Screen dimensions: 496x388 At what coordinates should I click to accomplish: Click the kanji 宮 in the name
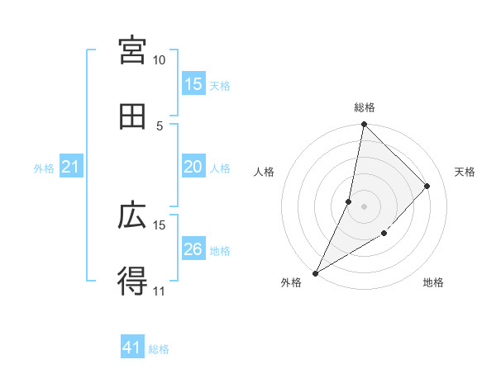point(133,51)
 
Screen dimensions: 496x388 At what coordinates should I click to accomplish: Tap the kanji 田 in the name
point(133,117)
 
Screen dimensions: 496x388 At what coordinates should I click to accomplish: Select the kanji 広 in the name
point(133,215)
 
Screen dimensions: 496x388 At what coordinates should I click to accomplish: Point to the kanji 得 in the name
point(133,282)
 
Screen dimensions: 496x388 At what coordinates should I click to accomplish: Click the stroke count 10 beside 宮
point(160,60)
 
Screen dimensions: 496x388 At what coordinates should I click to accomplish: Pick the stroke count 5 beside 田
point(160,125)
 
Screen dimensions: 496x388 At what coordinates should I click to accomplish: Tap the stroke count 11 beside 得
point(160,291)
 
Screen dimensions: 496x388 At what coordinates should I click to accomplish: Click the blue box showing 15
point(193,84)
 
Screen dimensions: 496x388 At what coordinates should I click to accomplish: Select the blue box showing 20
point(193,167)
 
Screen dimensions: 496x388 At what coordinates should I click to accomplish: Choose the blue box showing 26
point(193,249)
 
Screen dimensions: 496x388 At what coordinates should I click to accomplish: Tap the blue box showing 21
point(71,167)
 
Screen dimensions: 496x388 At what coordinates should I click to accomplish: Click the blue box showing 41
point(132,348)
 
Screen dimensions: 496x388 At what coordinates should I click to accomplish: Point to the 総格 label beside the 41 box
point(159,349)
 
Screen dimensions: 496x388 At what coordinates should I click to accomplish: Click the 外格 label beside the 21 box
point(44,168)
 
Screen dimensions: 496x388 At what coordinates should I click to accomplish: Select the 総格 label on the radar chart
point(365,107)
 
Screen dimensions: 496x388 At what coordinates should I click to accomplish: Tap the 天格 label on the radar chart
point(465,172)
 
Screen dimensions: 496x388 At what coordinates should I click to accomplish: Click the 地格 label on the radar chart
point(433,282)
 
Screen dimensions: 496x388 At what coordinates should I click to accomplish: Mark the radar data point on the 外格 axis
point(316,272)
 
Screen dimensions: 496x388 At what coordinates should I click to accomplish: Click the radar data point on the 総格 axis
point(364,125)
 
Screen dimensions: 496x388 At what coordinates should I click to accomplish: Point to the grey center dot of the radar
point(364,206)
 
